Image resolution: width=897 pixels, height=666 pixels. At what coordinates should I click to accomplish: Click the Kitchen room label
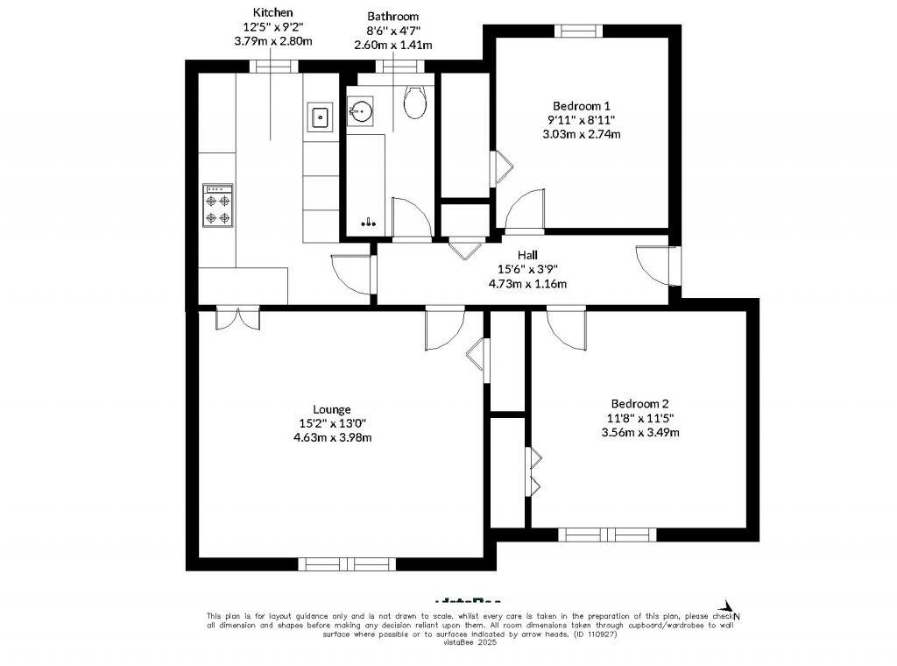(272, 12)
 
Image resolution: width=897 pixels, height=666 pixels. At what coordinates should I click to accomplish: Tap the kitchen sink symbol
(320, 116)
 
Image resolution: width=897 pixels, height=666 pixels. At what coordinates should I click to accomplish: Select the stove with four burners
(218, 205)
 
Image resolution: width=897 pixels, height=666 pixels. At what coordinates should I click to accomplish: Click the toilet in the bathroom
(414, 103)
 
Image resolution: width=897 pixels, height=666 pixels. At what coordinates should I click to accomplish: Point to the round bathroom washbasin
(362, 111)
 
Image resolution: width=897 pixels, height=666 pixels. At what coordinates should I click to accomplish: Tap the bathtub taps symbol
(369, 223)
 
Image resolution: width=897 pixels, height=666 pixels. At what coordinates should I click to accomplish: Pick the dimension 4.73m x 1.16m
(526, 283)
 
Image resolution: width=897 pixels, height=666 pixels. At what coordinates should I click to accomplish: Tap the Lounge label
(332, 409)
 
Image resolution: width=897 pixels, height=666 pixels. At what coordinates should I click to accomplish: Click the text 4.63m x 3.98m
(332, 437)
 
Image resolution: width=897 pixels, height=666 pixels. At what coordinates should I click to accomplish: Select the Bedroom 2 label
(639, 404)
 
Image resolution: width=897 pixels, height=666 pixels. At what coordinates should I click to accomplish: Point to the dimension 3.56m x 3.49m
(639, 432)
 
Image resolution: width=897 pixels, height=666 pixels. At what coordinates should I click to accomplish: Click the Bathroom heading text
(392, 16)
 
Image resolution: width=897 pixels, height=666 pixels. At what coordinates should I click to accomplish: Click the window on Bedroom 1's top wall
(576, 31)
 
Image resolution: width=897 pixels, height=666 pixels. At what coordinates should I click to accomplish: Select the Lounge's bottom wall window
(346, 563)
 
